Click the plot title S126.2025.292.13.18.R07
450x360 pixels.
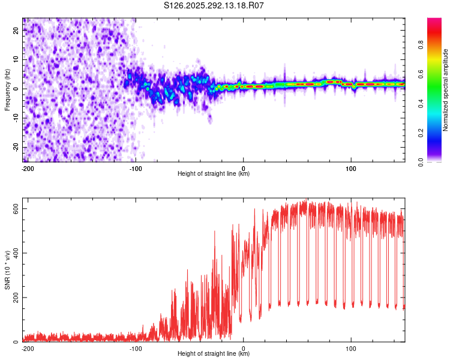coord(214,5)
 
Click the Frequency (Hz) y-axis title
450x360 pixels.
coord(7,90)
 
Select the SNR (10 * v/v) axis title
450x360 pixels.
coord(7,270)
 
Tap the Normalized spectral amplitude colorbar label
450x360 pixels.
coord(445,90)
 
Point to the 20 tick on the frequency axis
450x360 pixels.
coord(16,30)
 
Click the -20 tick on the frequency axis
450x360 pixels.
coord(16,147)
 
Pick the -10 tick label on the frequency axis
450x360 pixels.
coord(16,118)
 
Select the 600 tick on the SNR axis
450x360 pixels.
coord(16,209)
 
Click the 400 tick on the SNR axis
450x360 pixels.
coord(16,253)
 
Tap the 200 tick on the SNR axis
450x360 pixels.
coord(16,298)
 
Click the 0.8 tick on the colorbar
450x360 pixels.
coord(421,45)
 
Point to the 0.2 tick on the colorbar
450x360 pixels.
coord(421,133)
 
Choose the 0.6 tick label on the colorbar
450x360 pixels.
coord(421,74)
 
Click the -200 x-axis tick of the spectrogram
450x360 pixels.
coord(28,169)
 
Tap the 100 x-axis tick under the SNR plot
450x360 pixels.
coord(351,349)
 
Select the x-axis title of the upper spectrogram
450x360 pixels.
coord(214,173)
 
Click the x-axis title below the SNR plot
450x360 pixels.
coord(214,353)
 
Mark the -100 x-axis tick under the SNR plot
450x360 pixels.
coord(136,349)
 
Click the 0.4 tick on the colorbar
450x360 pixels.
coord(421,104)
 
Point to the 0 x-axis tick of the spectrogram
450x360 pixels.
coord(244,169)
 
